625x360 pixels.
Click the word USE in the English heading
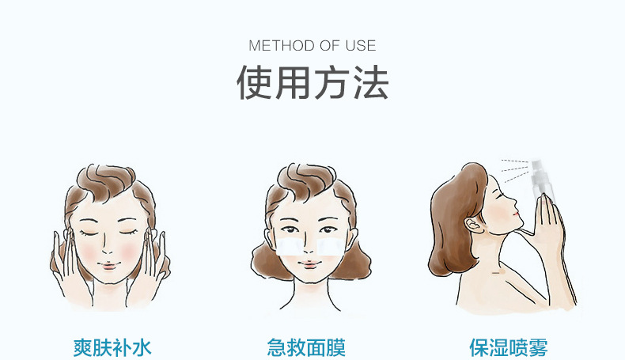tap(361, 45)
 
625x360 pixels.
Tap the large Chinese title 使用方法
tap(312, 82)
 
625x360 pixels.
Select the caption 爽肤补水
tap(112, 347)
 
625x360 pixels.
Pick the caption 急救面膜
tap(306, 347)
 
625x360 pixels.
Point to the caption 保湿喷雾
tap(509, 347)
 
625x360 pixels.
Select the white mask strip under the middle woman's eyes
tap(310, 247)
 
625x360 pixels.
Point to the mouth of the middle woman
tap(309, 263)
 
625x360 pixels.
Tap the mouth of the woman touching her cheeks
tap(108, 265)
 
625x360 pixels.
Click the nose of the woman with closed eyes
tap(107, 245)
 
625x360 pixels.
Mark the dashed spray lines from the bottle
tap(515, 169)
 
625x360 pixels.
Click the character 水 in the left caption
tap(142, 347)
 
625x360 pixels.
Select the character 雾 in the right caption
tap(538, 347)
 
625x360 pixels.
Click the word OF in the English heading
tap(330, 45)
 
